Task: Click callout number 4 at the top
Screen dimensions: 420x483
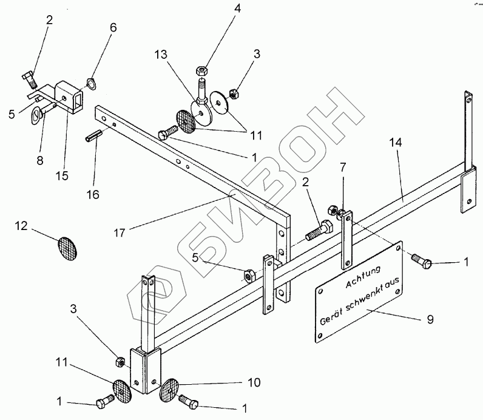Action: [203, 8]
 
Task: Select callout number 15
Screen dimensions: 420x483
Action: [61, 177]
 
